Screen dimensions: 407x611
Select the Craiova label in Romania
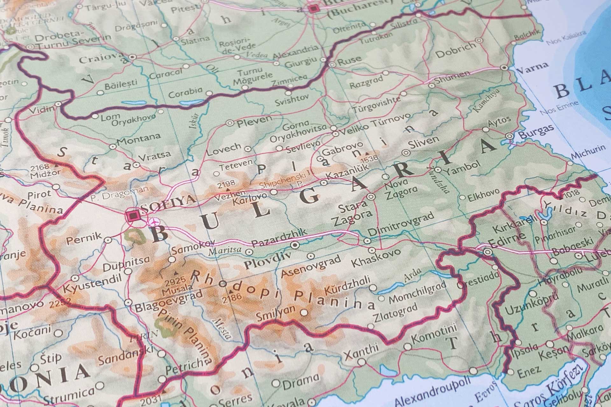(101, 59)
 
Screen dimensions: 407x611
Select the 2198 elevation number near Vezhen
(226, 183)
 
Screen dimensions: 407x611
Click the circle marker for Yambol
(438, 170)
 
